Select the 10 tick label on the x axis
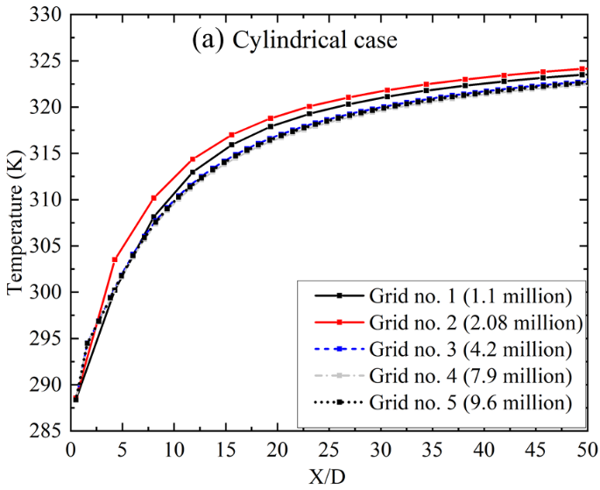pos(173,450)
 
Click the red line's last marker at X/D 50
pos(582,68)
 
